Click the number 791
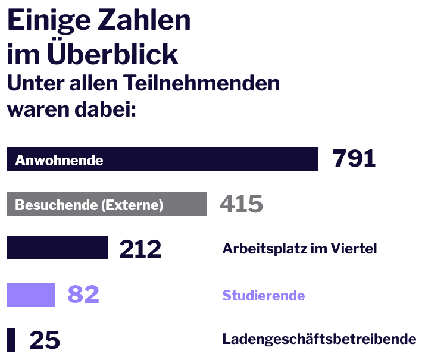point(354,159)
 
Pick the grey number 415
point(241,204)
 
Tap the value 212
point(140,249)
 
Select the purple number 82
point(83,294)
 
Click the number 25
point(45,340)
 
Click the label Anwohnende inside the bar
point(59,160)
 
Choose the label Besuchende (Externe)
point(89,205)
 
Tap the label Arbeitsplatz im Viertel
point(299,249)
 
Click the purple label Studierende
point(263,295)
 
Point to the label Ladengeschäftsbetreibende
point(319,340)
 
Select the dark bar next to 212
point(57,248)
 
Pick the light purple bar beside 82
point(30,295)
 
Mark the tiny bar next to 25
point(10,340)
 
